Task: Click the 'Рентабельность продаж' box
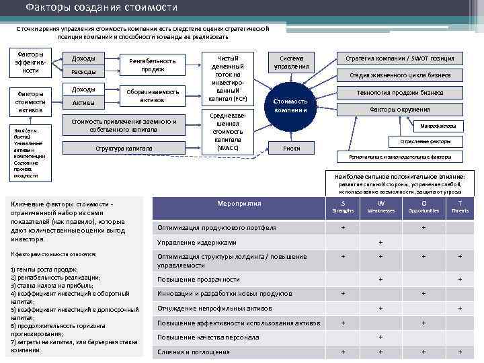tap(153, 65)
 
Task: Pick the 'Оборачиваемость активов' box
tap(153, 96)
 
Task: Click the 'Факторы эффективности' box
tap(31, 62)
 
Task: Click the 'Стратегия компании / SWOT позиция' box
tap(399, 58)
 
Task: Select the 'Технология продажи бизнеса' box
tap(399, 92)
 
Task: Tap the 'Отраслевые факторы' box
tap(435, 142)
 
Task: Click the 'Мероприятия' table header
tap(239, 203)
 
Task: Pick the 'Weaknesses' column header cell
tap(381, 206)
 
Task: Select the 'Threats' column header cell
tap(460, 206)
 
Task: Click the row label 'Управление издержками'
tap(197, 242)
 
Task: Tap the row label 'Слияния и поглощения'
tap(194, 352)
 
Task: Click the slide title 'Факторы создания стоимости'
tap(102, 8)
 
